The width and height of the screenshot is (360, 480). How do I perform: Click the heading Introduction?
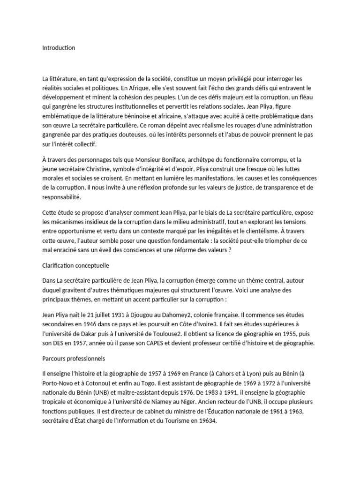coord(59,48)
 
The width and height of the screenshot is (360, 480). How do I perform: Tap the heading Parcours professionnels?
coord(74,360)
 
